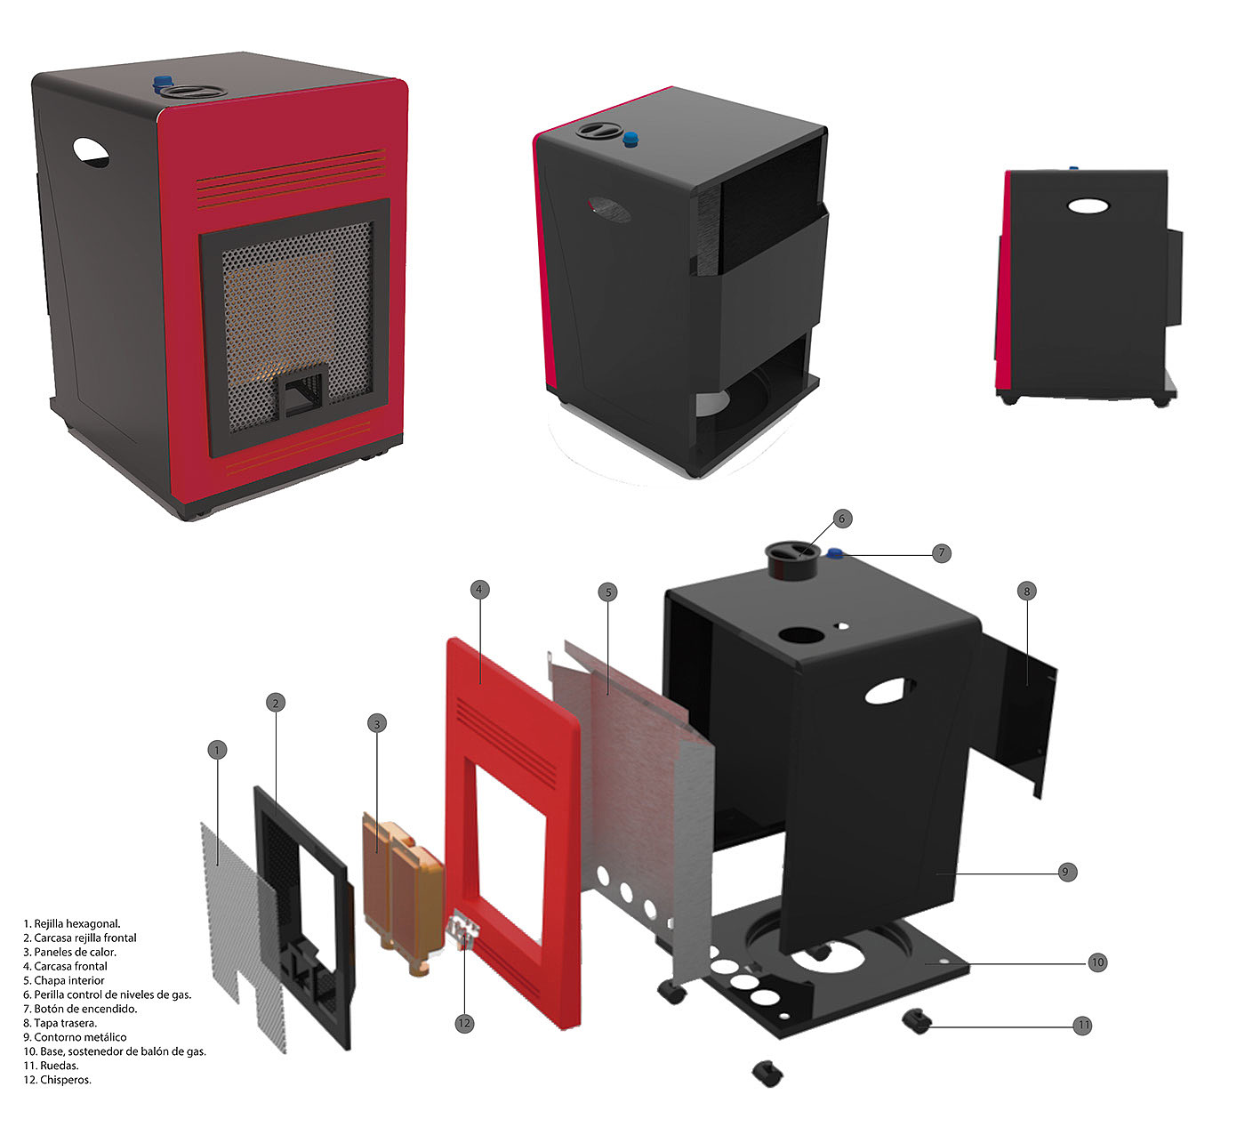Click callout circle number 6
(843, 519)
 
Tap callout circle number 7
(942, 553)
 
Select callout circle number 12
(463, 1024)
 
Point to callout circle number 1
(216, 750)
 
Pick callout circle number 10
(1097, 962)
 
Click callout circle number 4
(478, 589)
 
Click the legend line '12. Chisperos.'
(58, 1080)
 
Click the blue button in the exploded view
(836, 555)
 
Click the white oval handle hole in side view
(1088, 205)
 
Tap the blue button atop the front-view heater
(163, 83)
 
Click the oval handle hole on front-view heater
(91, 152)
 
